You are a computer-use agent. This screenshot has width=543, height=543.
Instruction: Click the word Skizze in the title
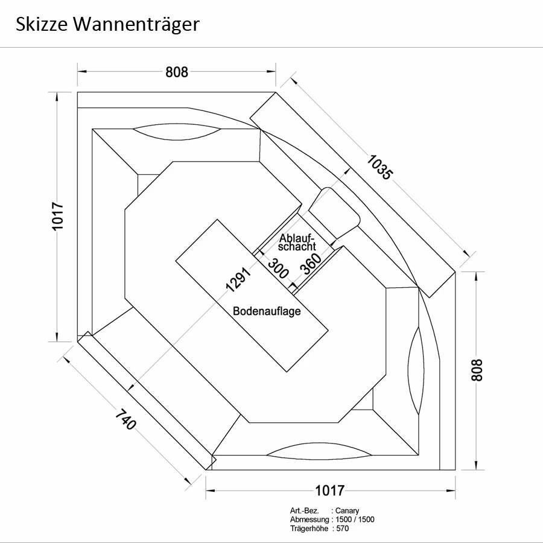(x=42, y=24)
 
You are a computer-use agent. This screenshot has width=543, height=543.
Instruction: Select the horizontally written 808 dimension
(x=177, y=72)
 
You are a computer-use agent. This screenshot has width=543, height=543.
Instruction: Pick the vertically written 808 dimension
(x=477, y=370)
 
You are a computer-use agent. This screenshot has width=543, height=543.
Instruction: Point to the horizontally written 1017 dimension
(x=329, y=490)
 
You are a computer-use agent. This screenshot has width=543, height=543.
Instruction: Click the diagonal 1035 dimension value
(x=379, y=167)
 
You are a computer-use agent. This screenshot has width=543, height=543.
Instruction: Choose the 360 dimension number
(x=310, y=264)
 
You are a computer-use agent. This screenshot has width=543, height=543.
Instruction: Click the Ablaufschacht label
(x=297, y=242)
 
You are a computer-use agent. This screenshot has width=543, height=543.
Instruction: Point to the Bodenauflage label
(x=267, y=312)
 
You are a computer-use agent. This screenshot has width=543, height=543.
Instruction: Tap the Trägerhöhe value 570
(x=342, y=529)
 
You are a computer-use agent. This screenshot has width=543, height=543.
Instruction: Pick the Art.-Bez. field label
(x=304, y=510)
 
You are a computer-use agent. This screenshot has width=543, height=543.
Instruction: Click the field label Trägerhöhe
(x=309, y=529)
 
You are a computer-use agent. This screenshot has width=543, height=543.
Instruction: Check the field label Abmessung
(x=310, y=519)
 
